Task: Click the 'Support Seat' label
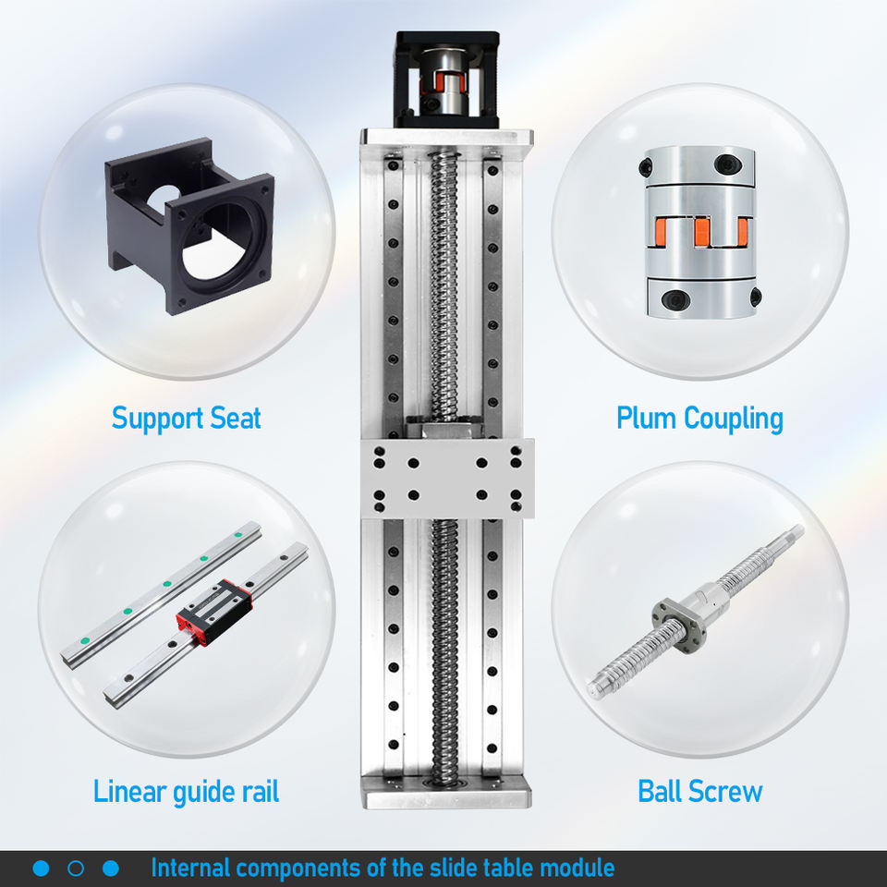[x=186, y=419]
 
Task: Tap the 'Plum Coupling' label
[x=699, y=419]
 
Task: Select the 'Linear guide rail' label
[x=186, y=792]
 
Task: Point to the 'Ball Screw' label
[x=700, y=792]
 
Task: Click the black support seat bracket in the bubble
[x=189, y=226]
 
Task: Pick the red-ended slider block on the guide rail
[x=213, y=612]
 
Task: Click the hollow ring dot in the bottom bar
[x=76, y=869]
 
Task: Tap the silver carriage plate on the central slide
[x=447, y=479]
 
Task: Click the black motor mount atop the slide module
[x=447, y=79]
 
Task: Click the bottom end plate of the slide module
[x=447, y=792]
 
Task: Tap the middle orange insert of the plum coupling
[x=702, y=231]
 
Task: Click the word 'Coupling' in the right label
[x=734, y=419]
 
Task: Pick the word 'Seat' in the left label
[x=236, y=419]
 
